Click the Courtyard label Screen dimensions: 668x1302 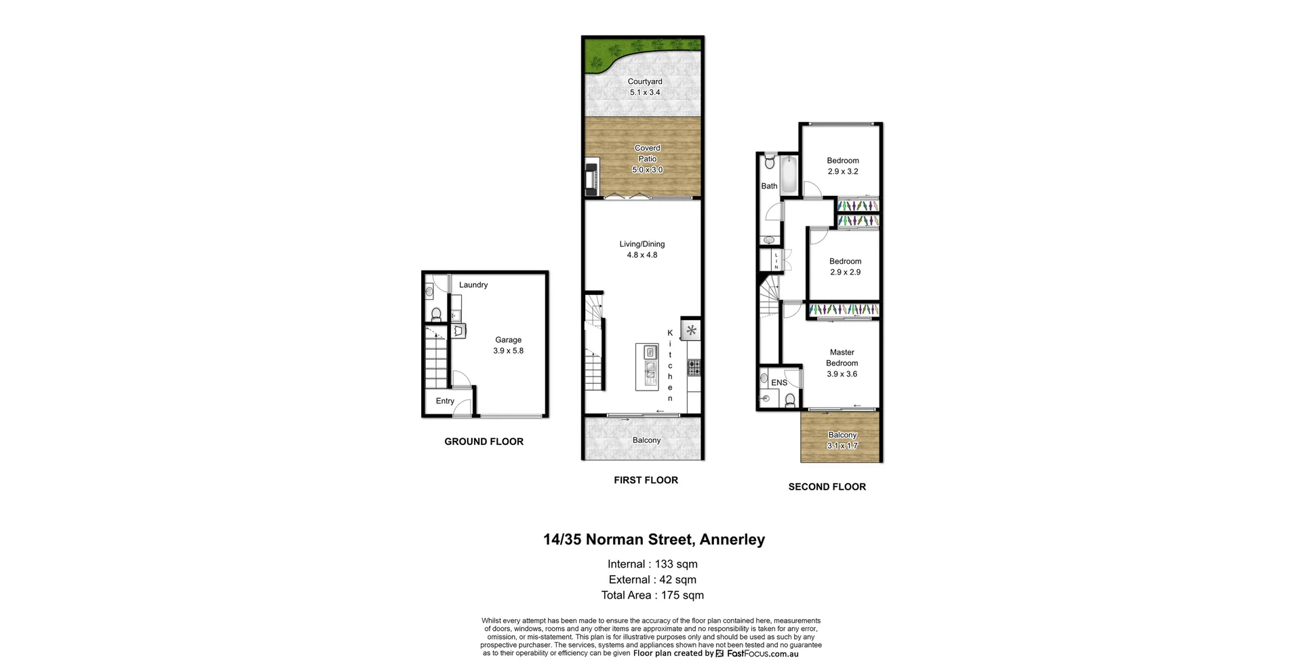[644, 81]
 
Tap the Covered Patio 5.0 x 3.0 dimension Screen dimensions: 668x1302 [647, 170]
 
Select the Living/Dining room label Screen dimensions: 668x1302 [642, 244]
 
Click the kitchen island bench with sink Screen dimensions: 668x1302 [647, 366]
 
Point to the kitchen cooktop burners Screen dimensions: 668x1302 [694, 368]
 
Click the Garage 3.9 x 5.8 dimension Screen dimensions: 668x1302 [508, 351]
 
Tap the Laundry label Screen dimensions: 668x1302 [473, 285]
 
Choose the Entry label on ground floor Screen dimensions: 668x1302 [445, 401]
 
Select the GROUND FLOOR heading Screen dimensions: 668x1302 [484, 441]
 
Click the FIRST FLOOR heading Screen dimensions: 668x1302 [646, 480]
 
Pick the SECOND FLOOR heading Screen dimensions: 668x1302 [827, 487]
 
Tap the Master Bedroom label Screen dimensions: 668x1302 [842, 357]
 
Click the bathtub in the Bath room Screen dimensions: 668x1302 [789, 174]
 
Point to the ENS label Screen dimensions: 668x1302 [779, 382]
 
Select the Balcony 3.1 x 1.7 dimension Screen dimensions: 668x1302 [842, 446]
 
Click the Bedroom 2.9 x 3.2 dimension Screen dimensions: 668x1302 [842, 172]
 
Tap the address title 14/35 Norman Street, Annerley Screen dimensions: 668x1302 [654, 540]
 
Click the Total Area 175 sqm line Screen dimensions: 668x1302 [652, 595]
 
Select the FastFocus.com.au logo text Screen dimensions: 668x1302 [762, 654]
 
